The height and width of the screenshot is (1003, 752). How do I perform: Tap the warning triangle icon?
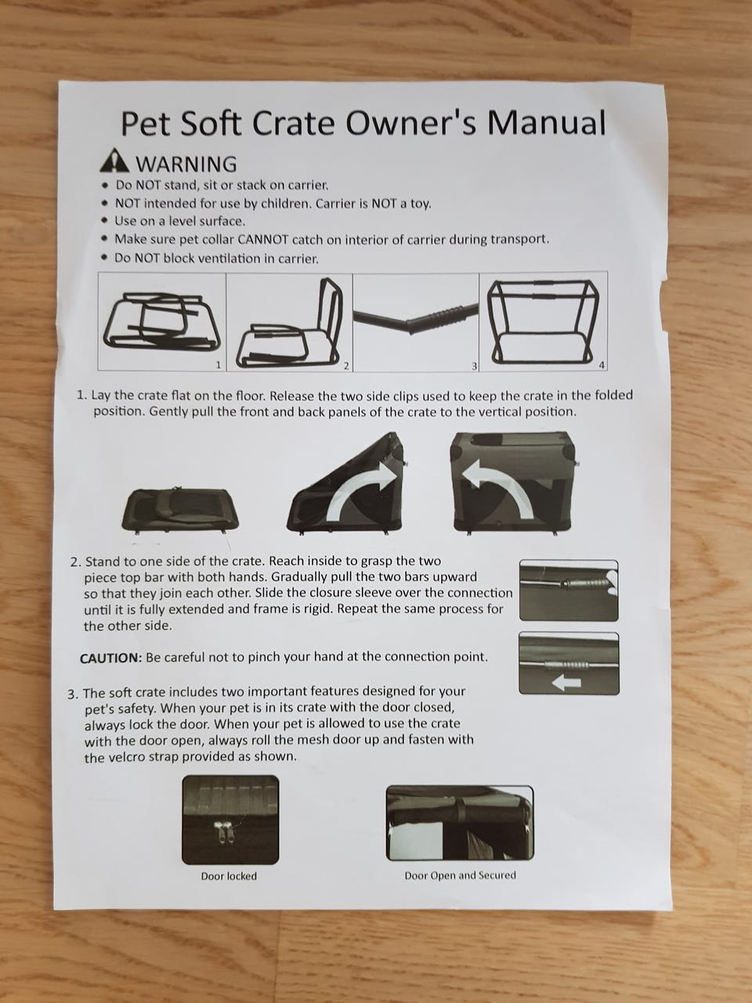click(x=114, y=161)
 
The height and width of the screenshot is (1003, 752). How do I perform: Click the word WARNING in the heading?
click(x=186, y=164)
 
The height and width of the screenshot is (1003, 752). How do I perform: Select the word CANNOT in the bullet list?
click(x=263, y=239)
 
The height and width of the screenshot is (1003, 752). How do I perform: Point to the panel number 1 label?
click(x=219, y=364)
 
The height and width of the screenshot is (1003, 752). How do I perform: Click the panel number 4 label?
click(x=602, y=365)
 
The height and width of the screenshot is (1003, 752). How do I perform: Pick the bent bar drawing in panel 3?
click(x=415, y=317)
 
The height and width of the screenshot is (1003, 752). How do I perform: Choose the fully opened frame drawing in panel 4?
click(x=542, y=321)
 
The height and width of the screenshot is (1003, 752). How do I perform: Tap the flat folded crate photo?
click(x=180, y=509)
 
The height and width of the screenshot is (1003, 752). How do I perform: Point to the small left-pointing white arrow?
click(x=566, y=683)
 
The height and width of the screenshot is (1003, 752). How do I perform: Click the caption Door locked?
click(x=229, y=876)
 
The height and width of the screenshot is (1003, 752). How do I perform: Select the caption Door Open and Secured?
click(x=461, y=875)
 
